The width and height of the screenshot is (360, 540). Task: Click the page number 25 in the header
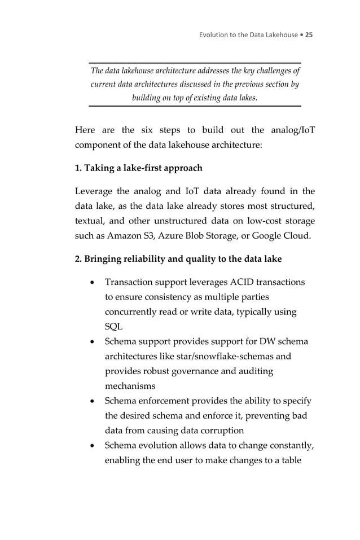click(309, 35)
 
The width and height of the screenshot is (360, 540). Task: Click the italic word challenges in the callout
click(273, 71)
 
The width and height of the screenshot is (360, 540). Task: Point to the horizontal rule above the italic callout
click(195, 63)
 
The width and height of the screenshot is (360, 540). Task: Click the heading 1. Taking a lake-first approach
click(138, 168)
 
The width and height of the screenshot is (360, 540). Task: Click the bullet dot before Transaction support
click(91, 282)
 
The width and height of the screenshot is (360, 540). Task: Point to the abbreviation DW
click(270, 342)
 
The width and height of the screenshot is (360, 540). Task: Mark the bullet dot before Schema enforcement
click(91, 401)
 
